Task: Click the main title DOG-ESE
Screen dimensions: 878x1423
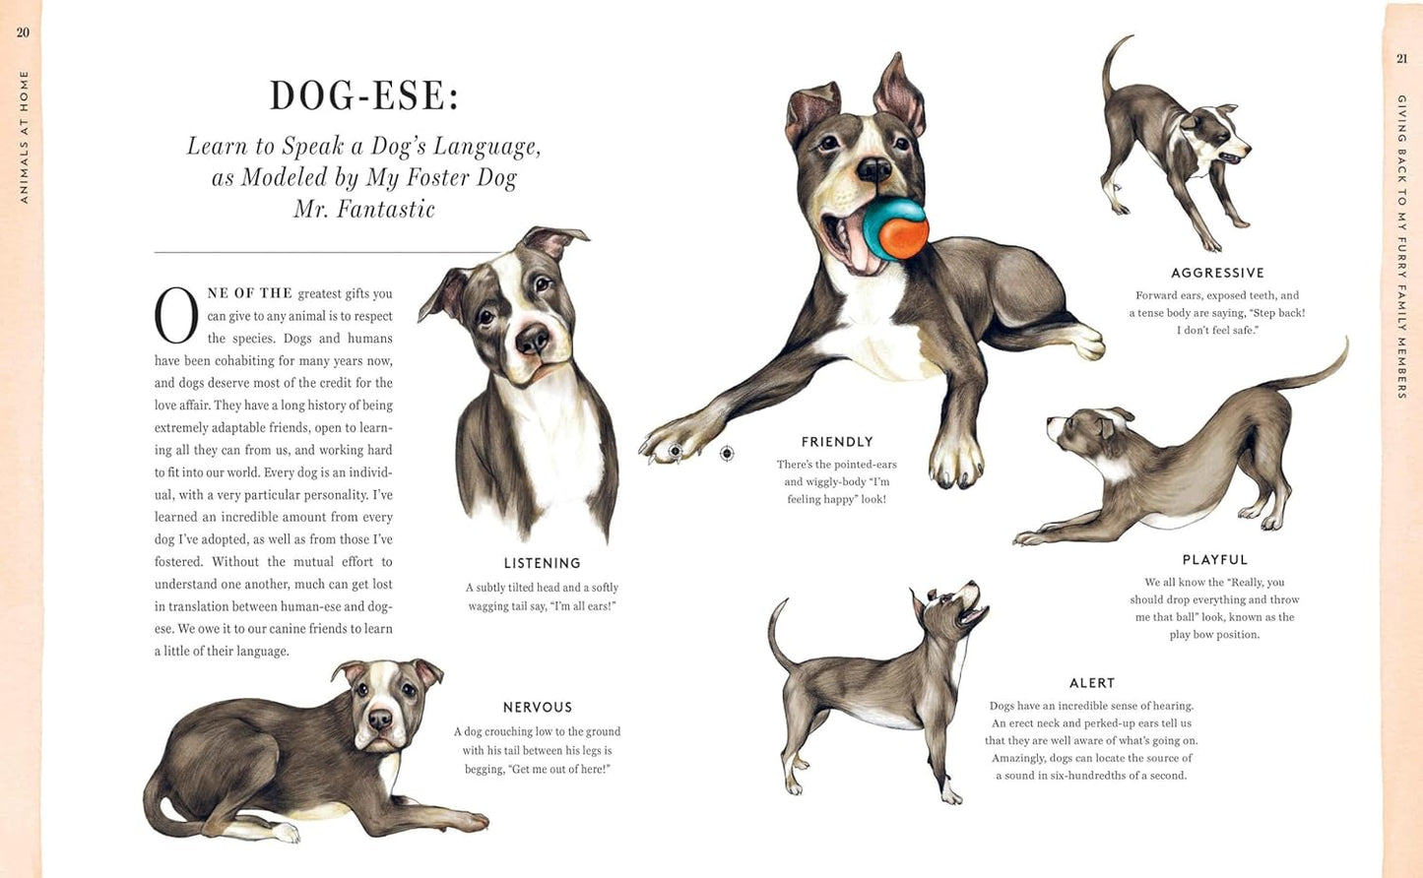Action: point(364,95)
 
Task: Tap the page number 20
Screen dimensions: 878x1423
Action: point(23,32)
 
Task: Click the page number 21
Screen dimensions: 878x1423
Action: point(1401,59)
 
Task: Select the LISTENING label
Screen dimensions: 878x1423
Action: point(542,563)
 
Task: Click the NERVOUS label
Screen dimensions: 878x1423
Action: point(537,707)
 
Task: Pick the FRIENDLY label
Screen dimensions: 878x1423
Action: point(837,442)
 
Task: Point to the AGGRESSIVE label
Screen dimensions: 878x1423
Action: point(1217,273)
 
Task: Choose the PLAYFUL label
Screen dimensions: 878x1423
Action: point(1214,560)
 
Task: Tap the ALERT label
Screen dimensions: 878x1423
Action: point(1092,683)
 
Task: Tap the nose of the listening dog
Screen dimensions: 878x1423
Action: point(532,340)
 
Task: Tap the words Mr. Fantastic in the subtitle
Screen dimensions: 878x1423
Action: point(364,209)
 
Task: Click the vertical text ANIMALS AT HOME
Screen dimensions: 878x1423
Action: point(24,137)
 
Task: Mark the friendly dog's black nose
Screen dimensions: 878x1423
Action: point(873,169)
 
